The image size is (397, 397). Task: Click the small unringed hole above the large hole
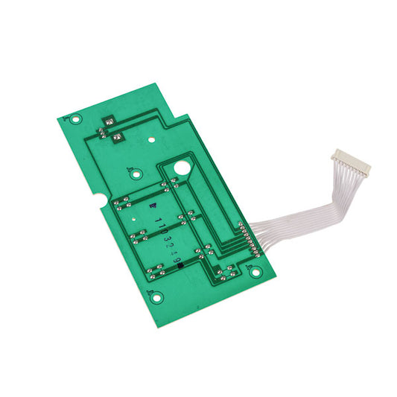point(151,139)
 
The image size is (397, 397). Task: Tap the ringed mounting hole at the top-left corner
point(73,117)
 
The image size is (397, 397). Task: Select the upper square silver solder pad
point(109,121)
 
